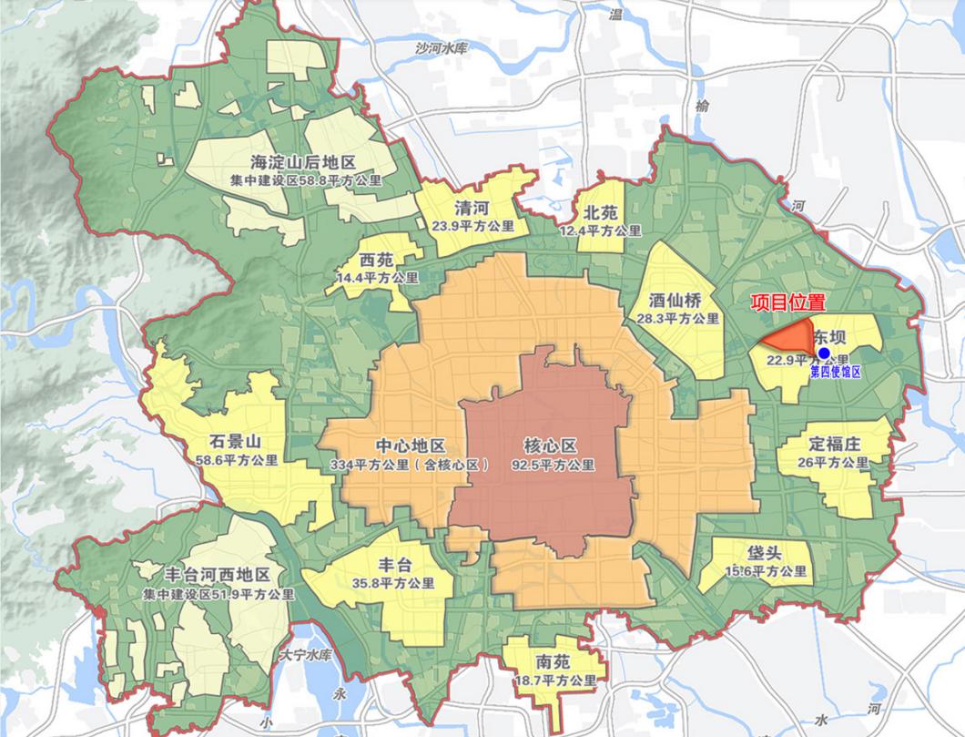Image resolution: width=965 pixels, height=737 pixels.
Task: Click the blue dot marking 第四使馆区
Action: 824,353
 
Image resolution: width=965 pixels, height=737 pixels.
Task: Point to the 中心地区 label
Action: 411,446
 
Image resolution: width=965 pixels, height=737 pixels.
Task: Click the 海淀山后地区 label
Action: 303,163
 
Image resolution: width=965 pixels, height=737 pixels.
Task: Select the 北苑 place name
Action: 601,212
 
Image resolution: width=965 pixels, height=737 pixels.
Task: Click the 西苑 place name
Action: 376,259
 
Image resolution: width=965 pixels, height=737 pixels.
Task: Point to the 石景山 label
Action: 235,442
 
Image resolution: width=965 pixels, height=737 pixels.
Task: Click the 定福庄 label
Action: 834,445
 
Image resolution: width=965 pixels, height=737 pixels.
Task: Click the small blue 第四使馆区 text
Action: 834,372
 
